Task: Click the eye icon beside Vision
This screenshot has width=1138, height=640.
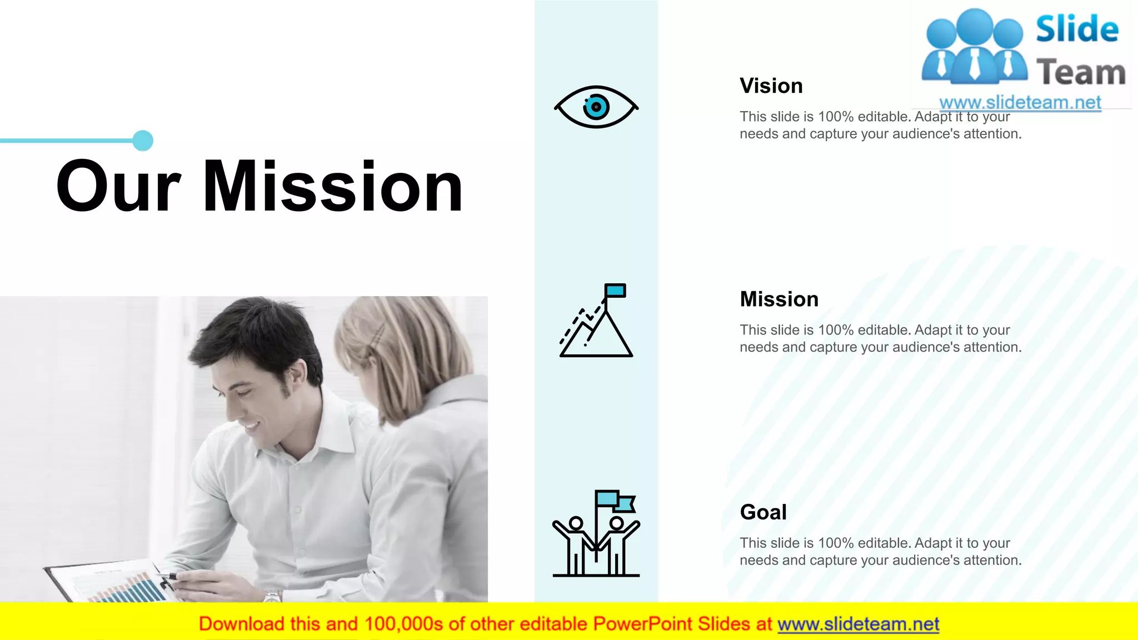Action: click(x=596, y=107)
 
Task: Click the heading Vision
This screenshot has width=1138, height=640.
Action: click(x=771, y=86)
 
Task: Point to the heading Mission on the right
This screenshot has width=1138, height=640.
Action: click(x=779, y=299)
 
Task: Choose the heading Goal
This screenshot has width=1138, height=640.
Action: click(x=763, y=512)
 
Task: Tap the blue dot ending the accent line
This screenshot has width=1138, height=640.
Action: click(x=143, y=141)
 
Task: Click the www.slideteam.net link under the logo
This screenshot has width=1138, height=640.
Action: click(x=1020, y=102)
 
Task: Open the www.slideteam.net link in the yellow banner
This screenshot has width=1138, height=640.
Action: click(x=858, y=624)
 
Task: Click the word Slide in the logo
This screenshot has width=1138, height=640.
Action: click(x=1077, y=29)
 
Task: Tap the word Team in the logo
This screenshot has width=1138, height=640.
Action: click(x=1081, y=73)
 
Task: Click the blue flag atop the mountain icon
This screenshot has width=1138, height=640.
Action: click(x=615, y=291)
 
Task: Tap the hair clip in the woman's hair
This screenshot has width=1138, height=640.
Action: click(x=378, y=336)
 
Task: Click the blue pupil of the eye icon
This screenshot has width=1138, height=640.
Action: click(x=596, y=107)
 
